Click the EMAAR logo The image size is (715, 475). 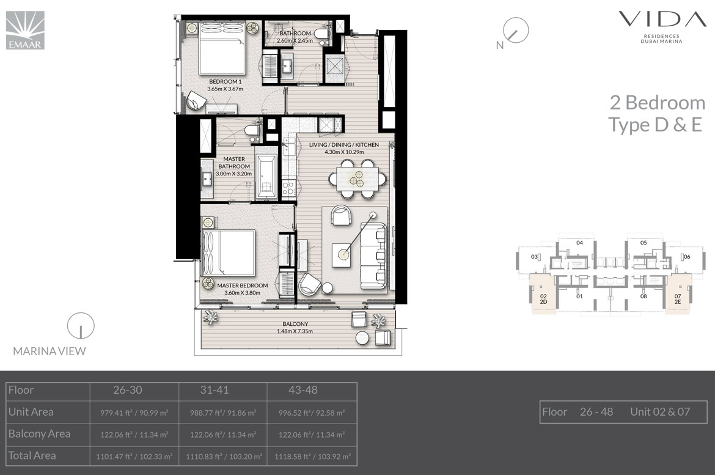[x=25, y=30]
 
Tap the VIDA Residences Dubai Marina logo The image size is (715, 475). [x=662, y=27]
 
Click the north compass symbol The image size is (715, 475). [x=514, y=32]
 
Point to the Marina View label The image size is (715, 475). [x=50, y=351]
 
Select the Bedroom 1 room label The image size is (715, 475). [x=226, y=86]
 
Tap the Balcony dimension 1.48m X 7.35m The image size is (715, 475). [x=295, y=331]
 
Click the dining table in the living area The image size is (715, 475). [x=358, y=179]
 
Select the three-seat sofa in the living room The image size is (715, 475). [x=373, y=256]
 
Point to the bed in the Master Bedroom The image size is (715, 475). [x=228, y=253]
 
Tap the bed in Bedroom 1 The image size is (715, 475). [x=222, y=48]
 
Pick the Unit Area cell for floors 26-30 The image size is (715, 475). [x=134, y=413]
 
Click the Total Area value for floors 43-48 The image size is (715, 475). [x=312, y=456]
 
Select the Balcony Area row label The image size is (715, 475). [x=39, y=434]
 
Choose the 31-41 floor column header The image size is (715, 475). [x=215, y=390]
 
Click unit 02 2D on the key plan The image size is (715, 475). [x=543, y=294]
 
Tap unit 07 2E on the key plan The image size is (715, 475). [x=678, y=294]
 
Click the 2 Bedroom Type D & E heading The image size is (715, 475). [x=657, y=114]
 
